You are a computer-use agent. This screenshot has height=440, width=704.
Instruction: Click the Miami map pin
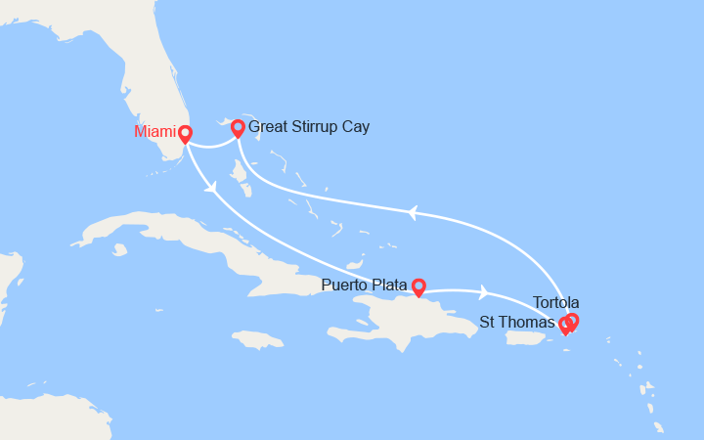pyautogui.click(x=185, y=134)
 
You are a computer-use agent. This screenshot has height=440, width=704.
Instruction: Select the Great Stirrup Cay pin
pyautogui.click(x=238, y=128)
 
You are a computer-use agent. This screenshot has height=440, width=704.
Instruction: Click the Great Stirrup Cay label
pyautogui.click(x=309, y=127)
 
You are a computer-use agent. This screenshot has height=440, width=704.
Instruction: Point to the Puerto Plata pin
pyautogui.click(x=418, y=286)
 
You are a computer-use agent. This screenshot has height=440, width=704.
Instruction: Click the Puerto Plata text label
pyautogui.click(x=366, y=286)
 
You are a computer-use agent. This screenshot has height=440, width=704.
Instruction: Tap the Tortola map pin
pyautogui.click(x=572, y=321)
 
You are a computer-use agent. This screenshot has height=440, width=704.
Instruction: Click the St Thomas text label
pyautogui.click(x=517, y=322)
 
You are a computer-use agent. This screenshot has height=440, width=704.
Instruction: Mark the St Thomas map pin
pyautogui.click(x=564, y=326)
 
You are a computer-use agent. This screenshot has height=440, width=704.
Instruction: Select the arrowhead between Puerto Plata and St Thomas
pyautogui.click(x=483, y=291)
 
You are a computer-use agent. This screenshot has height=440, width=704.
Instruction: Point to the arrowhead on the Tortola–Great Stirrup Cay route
pyautogui.click(x=414, y=211)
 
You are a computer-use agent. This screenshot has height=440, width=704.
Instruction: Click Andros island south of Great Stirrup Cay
pyautogui.click(x=241, y=176)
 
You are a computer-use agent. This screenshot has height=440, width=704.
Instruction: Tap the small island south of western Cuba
pyautogui.click(x=120, y=249)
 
